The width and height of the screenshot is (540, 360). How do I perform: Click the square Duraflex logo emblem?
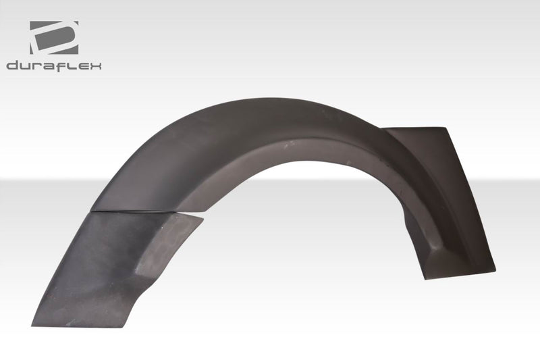pyautogui.click(x=54, y=38)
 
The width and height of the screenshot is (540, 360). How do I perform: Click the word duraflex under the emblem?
pyautogui.click(x=54, y=66)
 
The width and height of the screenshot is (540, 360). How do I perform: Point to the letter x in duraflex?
pyautogui.click(x=95, y=66)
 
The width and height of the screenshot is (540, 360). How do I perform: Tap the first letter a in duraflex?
pyautogui.click(x=49, y=66)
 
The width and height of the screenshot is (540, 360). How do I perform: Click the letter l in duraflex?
pyautogui.click(x=70, y=66)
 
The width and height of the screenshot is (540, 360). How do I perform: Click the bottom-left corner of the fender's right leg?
pyautogui.click(x=427, y=277)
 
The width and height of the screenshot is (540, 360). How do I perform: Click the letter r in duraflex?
pyautogui.click(x=37, y=66)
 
